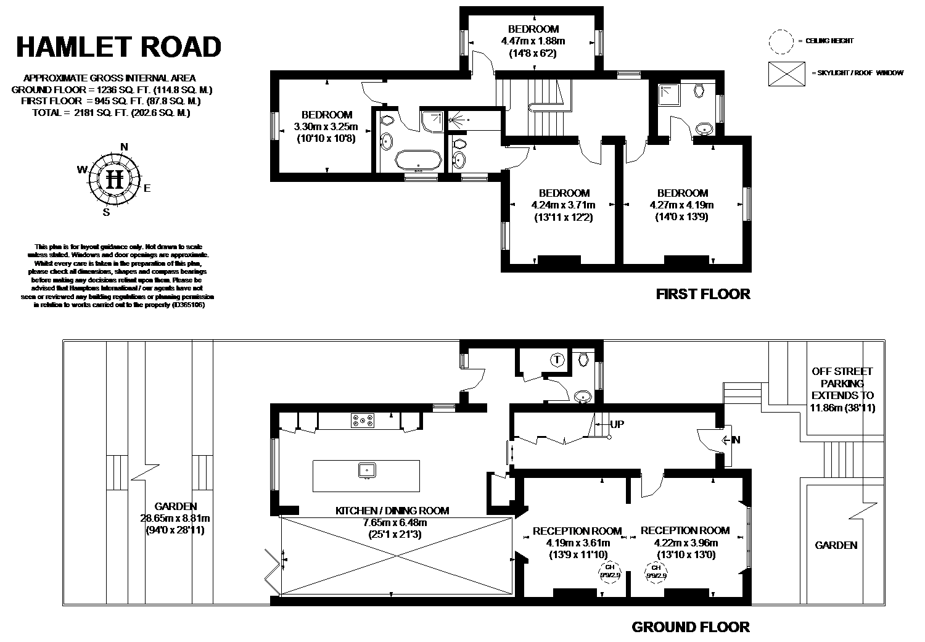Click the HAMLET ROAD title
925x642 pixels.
click(x=118, y=47)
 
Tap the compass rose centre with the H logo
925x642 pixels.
click(x=115, y=179)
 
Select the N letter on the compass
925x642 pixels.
click(x=124, y=147)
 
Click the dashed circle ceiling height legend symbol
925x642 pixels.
click(x=780, y=41)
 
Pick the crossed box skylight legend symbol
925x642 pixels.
click(x=786, y=73)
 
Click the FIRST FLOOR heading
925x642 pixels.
click(x=703, y=294)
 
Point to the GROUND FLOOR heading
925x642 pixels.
click(x=691, y=627)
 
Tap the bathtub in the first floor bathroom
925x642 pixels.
click(x=419, y=160)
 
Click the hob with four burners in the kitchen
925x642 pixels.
click(x=362, y=421)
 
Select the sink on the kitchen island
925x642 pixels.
click(x=366, y=471)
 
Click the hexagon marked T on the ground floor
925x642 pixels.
click(x=557, y=360)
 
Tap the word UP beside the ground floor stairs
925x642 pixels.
click(x=617, y=425)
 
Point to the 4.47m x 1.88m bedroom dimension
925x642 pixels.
click(x=533, y=41)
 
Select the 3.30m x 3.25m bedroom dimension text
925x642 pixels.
click(x=326, y=127)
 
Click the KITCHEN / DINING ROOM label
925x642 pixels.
click(x=392, y=511)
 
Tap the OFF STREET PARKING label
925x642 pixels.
click(x=842, y=383)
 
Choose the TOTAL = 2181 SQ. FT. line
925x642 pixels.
click(x=111, y=113)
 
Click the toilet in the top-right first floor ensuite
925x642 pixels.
click(x=699, y=91)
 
